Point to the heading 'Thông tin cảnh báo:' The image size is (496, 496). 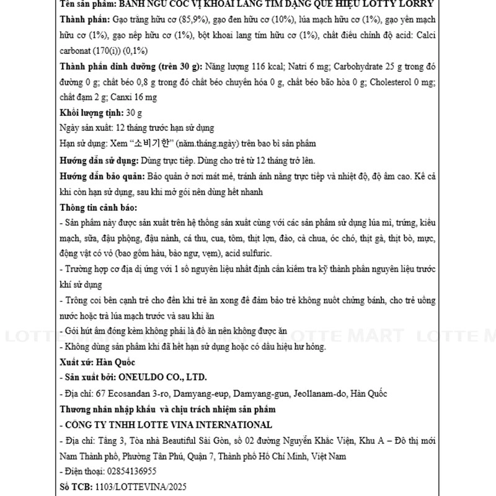[99, 207]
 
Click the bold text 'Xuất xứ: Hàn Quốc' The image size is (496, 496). [97, 361]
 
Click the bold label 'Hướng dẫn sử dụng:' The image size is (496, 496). [99, 160]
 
